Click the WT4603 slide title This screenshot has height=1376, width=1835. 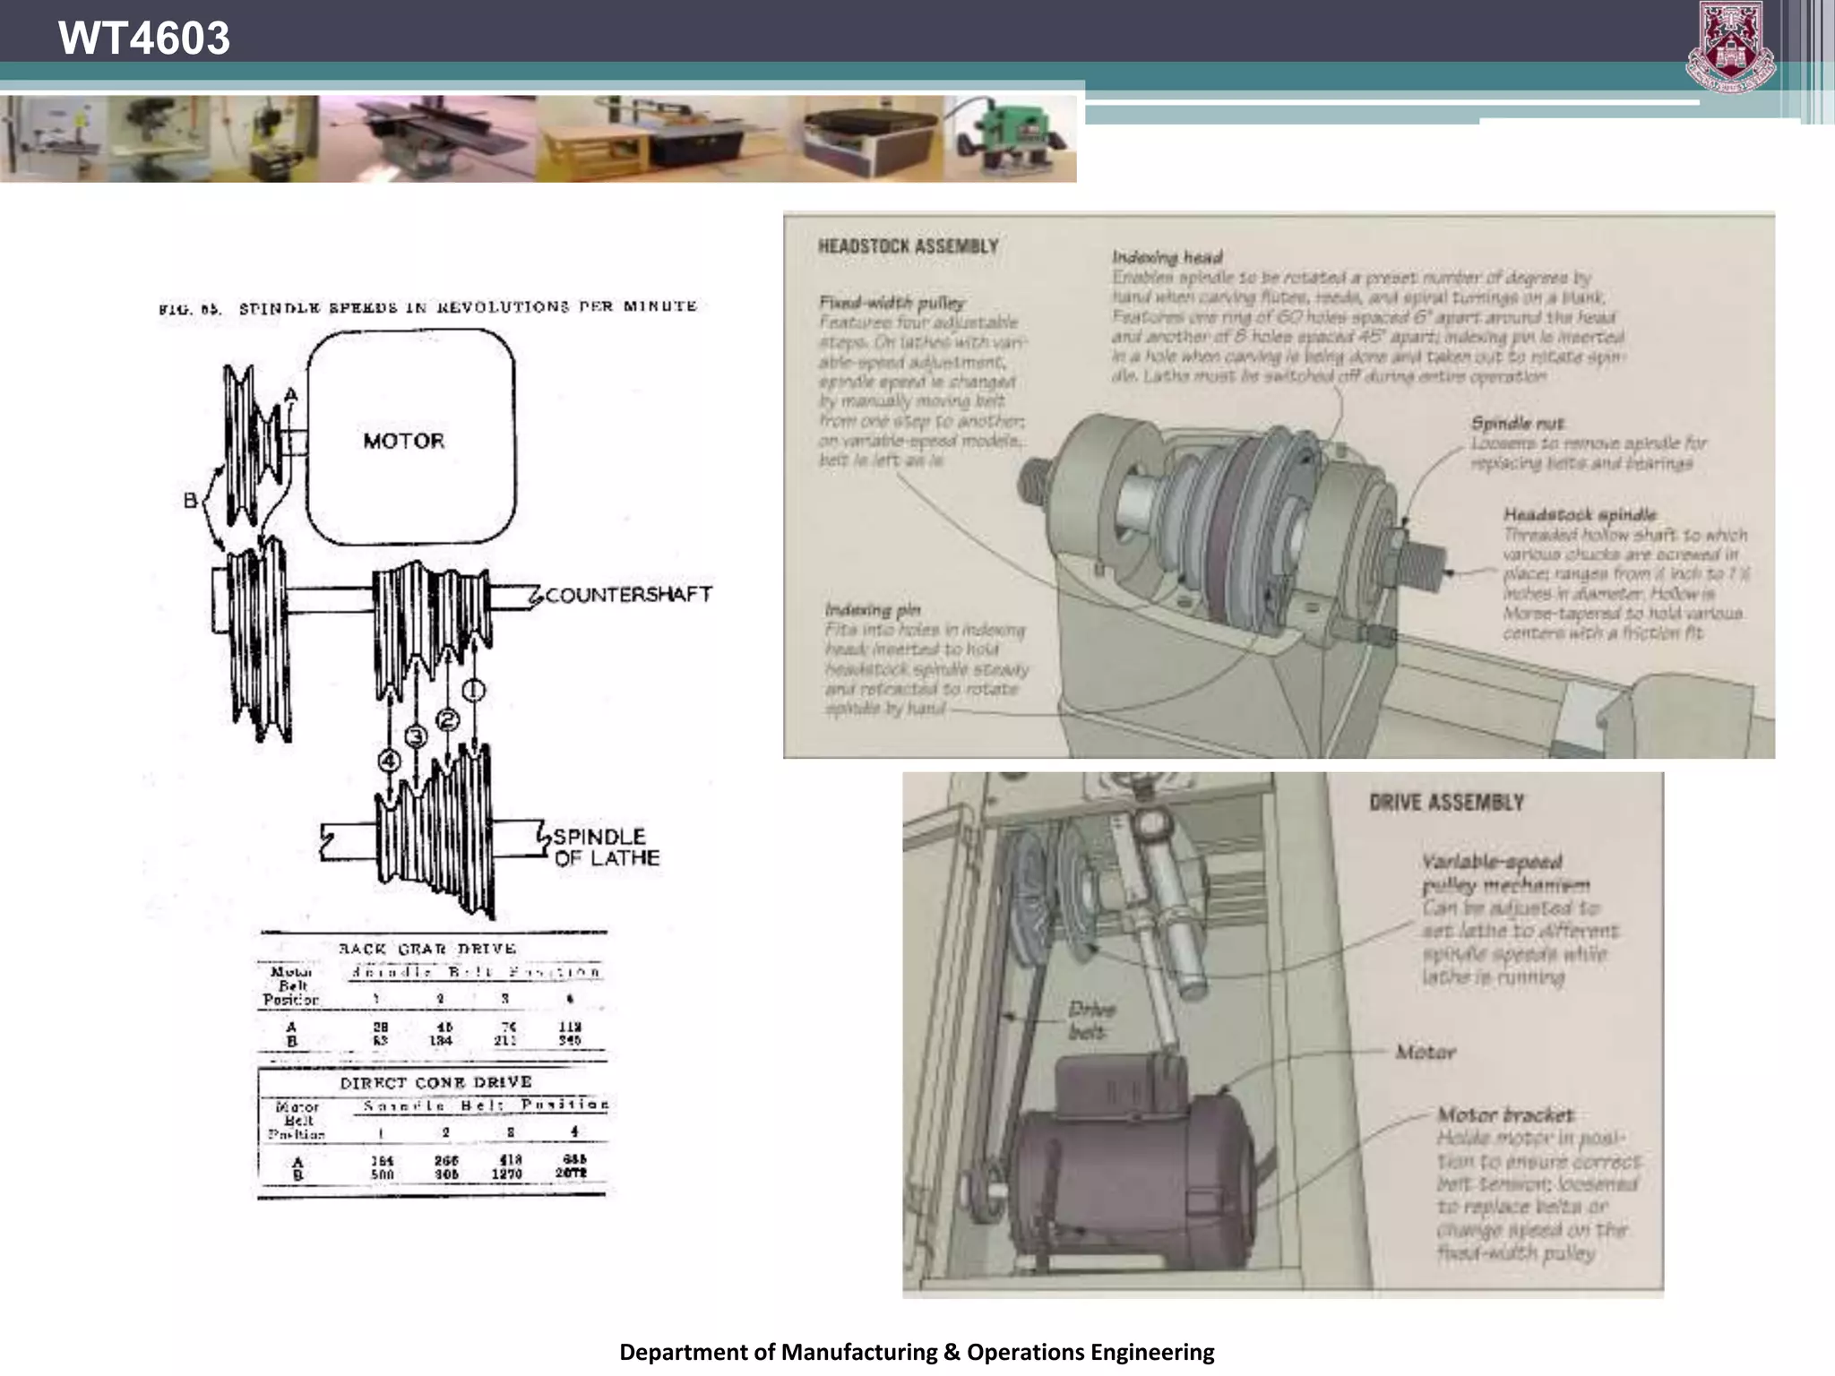pyautogui.click(x=143, y=38)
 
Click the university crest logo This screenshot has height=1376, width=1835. pyautogui.click(x=1730, y=47)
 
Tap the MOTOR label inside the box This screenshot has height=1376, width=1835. pyautogui.click(x=404, y=441)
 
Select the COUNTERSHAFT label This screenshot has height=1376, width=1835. pyautogui.click(x=628, y=595)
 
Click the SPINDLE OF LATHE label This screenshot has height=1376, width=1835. pyautogui.click(x=605, y=847)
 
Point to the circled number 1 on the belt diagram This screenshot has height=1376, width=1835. pyautogui.click(x=473, y=690)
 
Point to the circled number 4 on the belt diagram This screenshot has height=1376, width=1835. pyautogui.click(x=389, y=761)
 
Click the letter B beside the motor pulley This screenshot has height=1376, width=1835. pyautogui.click(x=190, y=500)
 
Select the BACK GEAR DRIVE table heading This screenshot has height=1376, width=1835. pyautogui.click(x=427, y=949)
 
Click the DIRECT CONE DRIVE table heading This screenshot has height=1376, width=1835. pyautogui.click(x=435, y=1082)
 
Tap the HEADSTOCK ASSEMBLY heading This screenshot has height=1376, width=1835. pyautogui.click(x=908, y=246)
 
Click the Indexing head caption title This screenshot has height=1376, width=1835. pyautogui.click(x=1167, y=258)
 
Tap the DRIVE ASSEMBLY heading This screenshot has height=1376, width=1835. pyautogui.click(x=1446, y=803)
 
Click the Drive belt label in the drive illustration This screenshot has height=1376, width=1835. pyautogui.click(x=1090, y=1020)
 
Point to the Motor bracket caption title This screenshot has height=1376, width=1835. pyautogui.click(x=1504, y=1115)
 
